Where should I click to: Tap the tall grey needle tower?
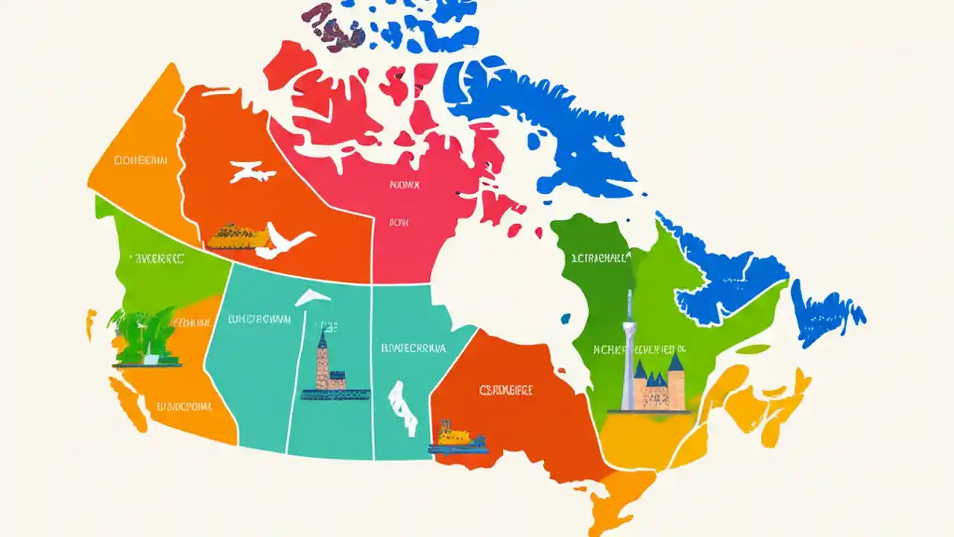click(x=629, y=351)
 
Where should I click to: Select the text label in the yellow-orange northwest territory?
click(x=139, y=160)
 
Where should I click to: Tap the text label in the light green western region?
click(x=157, y=260)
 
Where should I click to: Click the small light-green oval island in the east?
click(x=754, y=349)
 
